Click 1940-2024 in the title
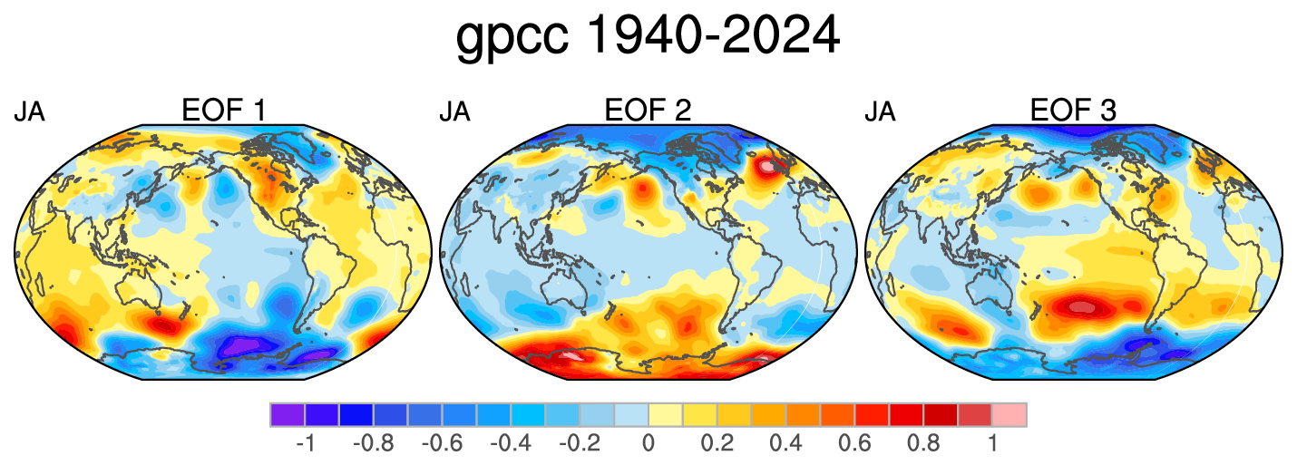tap(713, 34)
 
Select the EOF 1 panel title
tap(223, 110)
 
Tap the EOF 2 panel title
tap(648, 110)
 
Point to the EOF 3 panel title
tap(1073, 110)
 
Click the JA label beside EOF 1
tap(30, 111)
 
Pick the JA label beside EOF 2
tap(454, 111)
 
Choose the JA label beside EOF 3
tap(880, 111)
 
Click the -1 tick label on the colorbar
tap(305, 443)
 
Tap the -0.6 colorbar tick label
tap(443, 443)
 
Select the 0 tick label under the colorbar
tap(648, 443)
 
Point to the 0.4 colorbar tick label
tap(785, 443)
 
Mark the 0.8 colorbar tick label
tap(923, 443)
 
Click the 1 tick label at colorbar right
tap(992, 443)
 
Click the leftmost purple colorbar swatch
tap(288, 414)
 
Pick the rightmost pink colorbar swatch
tap(1009, 414)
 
